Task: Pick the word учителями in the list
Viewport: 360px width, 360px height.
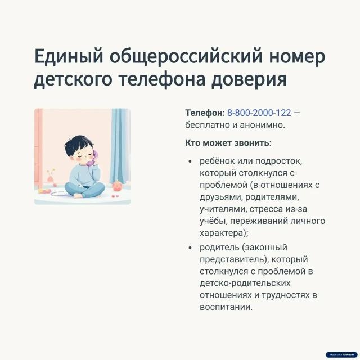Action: (x=222, y=209)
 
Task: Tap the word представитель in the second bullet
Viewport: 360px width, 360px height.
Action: (x=228, y=259)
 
